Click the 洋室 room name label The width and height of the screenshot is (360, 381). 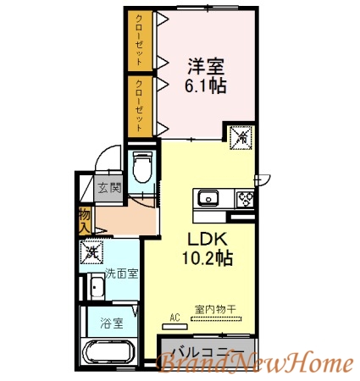(x=207, y=65)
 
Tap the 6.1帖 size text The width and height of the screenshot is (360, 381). (x=207, y=86)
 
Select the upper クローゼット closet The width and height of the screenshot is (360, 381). (x=141, y=39)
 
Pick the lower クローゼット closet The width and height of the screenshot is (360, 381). (x=141, y=105)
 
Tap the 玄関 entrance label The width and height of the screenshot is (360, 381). (x=108, y=188)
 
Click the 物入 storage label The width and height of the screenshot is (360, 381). (x=85, y=221)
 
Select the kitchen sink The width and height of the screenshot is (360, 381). (x=208, y=200)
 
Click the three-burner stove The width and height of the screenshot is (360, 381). (x=246, y=200)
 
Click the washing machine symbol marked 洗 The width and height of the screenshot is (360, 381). (x=91, y=252)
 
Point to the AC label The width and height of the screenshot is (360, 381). (x=175, y=317)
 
